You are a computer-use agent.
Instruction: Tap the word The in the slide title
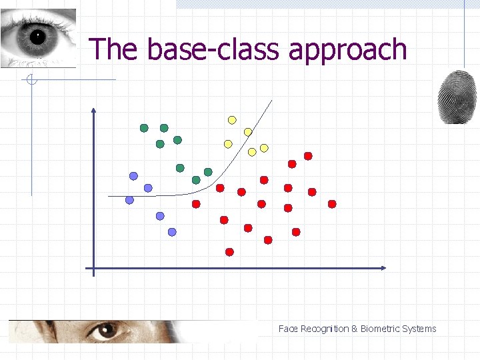[115, 49]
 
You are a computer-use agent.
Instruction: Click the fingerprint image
[457, 97]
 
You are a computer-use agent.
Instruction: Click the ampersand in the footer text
[355, 329]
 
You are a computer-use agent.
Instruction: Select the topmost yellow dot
[232, 120]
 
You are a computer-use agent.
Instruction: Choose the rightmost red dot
[332, 204]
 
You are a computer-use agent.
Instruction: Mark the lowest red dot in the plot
[229, 252]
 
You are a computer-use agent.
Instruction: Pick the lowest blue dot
[172, 232]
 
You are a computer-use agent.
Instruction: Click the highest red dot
[308, 156]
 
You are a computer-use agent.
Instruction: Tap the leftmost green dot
[144, 128]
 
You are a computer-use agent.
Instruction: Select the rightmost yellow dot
[264, 147]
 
